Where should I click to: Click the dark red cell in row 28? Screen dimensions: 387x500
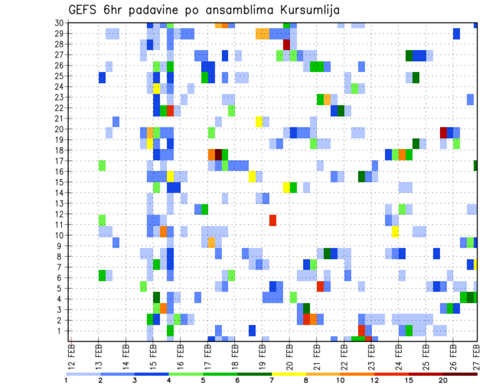coord(286,44)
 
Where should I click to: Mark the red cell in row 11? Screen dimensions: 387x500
coord(273,220)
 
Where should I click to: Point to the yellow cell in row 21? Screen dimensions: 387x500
coord(259,122)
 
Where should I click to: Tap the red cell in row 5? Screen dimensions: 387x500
coord(320,286)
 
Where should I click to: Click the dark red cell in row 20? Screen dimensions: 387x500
coord(443,132)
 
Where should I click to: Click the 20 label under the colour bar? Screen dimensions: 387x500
coord(443,380)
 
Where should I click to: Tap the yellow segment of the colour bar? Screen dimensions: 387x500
coord(289,374)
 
